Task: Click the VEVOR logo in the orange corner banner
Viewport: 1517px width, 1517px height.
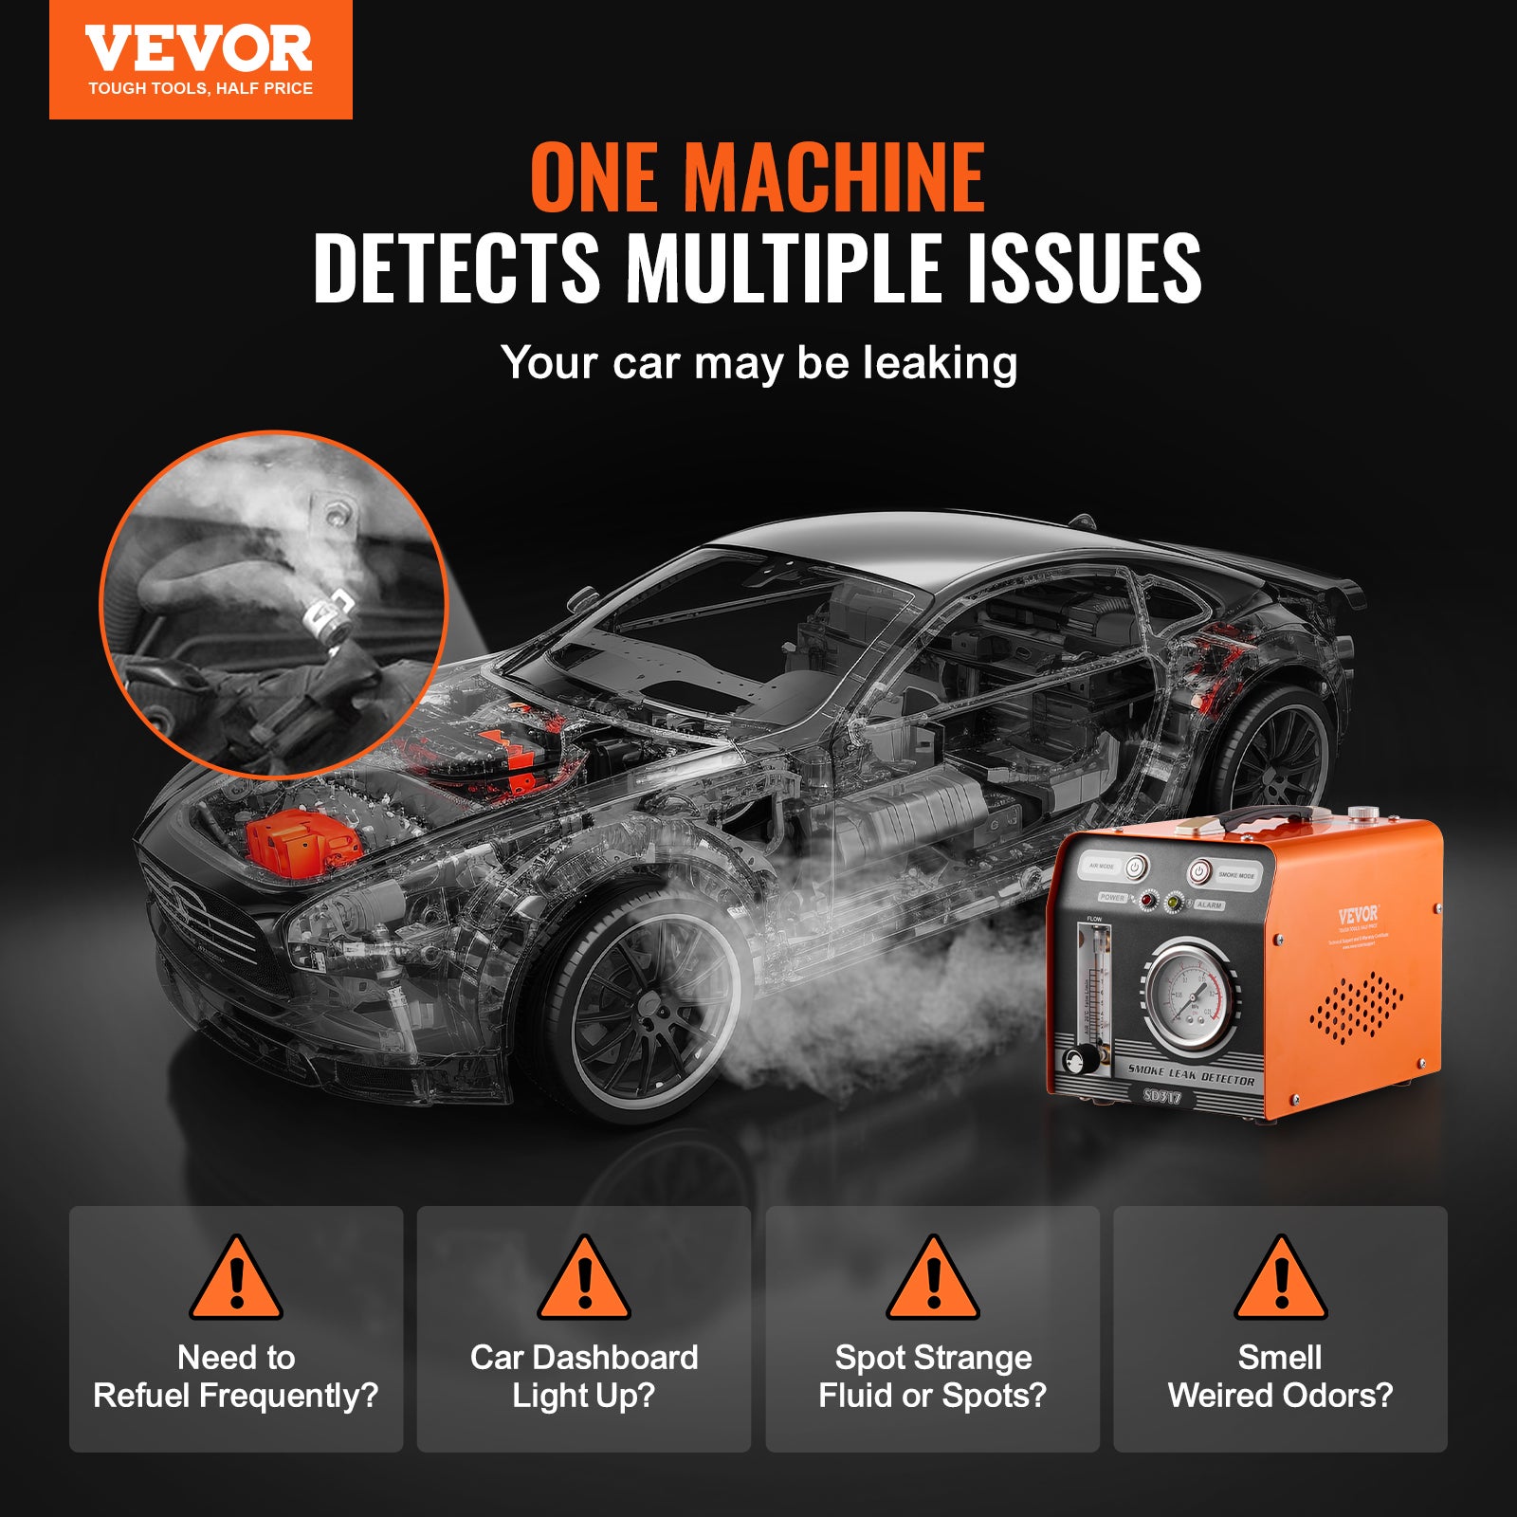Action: pos(199,50)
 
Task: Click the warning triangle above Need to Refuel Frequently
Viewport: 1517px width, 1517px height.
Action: pos(236,1279)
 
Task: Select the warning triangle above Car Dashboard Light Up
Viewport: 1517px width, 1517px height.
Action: pos(584,1279)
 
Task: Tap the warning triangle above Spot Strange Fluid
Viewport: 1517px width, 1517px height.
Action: pos(933,1279)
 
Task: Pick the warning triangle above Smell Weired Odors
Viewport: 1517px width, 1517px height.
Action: pos(1281,1279)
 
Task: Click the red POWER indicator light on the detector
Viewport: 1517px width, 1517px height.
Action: pos(1147,899)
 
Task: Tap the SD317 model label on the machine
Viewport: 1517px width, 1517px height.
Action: pos(1161,1096)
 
